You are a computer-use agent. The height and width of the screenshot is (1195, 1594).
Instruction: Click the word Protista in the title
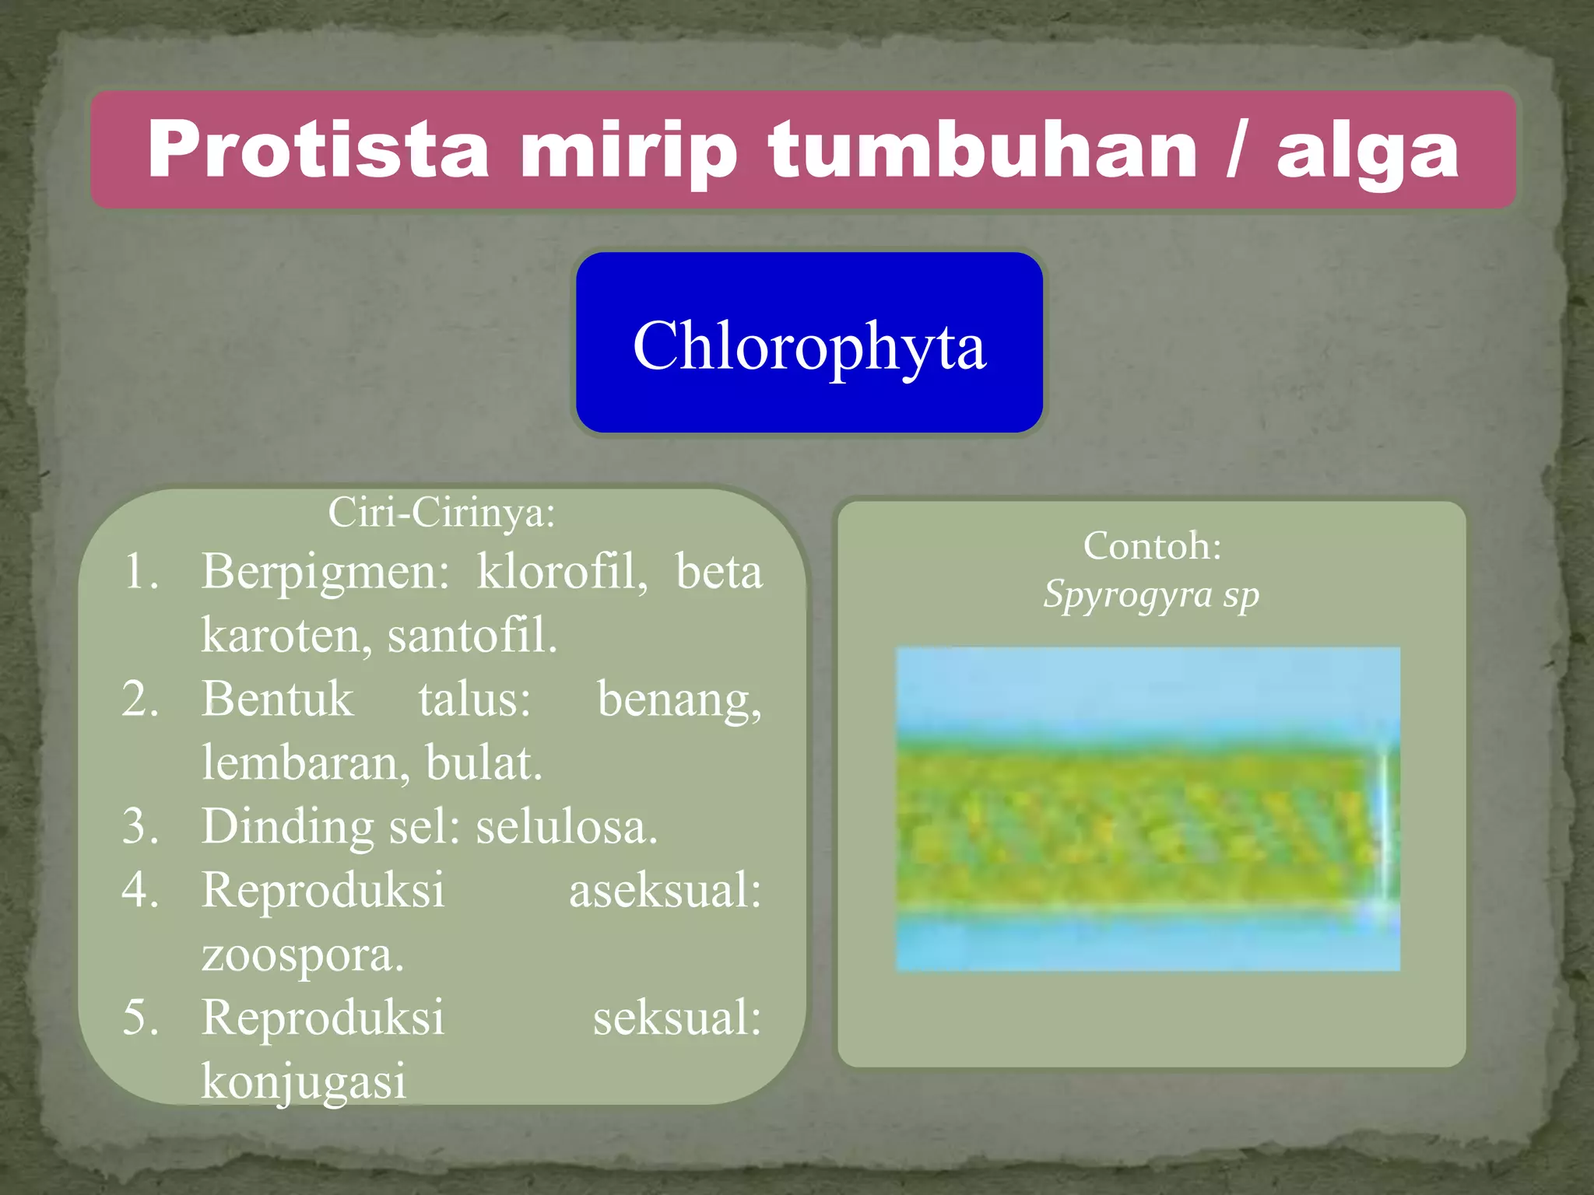(x=318, y=150)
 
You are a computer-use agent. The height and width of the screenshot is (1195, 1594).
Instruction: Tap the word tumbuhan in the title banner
(x=982, y=150)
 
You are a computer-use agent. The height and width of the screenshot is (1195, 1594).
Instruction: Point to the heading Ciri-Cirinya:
(x=441, y=513)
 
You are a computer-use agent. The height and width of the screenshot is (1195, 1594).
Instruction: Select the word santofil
(x=472, y=636)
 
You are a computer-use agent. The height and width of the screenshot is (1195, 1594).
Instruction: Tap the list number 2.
(x=140, y=699)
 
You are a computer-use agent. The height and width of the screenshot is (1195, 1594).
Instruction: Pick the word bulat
(x=483, y=762)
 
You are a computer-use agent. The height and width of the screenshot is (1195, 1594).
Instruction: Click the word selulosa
(x=567, y=826)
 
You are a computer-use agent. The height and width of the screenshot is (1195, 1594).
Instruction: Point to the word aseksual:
(x=665, y=890)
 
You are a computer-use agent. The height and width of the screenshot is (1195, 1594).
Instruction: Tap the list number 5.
(x=140, y=1018)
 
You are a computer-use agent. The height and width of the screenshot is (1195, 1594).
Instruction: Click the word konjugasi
(x=304, y=1081)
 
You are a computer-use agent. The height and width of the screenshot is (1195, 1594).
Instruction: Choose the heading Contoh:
(x=1152, y=546)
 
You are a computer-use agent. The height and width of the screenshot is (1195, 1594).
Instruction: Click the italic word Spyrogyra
(x=1129, y=595)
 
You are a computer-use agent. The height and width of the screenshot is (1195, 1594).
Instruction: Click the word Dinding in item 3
(x=287, y=826)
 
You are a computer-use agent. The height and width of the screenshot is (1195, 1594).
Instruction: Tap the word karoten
(x=286, y=636)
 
